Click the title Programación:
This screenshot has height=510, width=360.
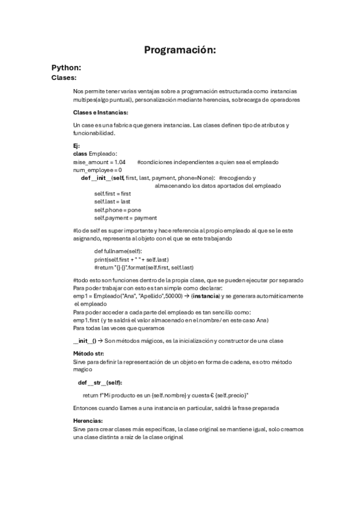pos(180,51)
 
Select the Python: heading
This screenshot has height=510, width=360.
pos(66,68)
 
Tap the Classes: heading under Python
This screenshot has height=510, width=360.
pos(64,78)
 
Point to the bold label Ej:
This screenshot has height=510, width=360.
pos(76,146)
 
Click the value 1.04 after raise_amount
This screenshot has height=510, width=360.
pos(120,162)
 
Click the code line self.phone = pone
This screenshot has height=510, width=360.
pos(118,210)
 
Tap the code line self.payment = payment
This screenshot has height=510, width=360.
pos(126,218)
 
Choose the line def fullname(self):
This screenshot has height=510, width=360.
pos(118,251)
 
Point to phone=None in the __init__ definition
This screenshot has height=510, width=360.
pos(198,178)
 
